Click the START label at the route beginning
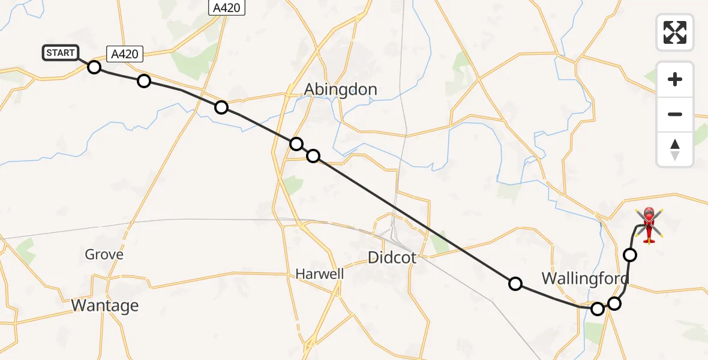point(60,53)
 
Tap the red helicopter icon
point(649,225)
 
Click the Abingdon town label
point(340,89)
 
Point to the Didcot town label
point(392,257)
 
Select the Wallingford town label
point(585,278)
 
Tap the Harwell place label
point(320,274)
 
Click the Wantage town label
point(105,305)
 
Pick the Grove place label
point(104,254)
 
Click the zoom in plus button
point(675,79)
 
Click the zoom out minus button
point(675,114)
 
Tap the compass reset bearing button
point(675,149)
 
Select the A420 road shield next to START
point(125,54)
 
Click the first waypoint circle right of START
point(94,67)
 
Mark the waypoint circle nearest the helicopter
point(630,255)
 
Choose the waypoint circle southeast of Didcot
point(515,284)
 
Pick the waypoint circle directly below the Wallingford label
point(598,309)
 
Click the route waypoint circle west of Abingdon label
point(221,107)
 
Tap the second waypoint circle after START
point(144,81)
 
